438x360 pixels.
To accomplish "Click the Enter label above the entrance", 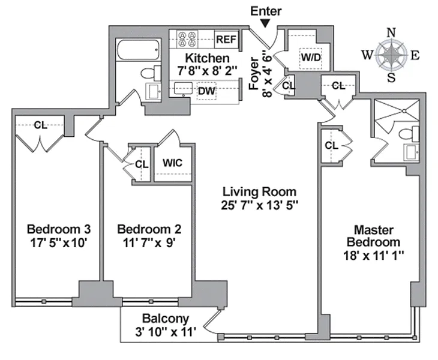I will (266, 11).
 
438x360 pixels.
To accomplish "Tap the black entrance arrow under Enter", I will (265, 23).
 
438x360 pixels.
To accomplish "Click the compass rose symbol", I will (391, 55).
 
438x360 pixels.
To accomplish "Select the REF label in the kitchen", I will (227, 40).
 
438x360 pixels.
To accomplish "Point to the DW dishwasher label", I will (206, 90).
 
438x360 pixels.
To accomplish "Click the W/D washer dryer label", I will (310, 58).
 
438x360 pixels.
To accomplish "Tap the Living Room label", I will (259, 192).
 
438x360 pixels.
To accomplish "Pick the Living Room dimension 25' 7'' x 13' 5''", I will (259, 205).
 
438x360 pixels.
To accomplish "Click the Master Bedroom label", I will (373, 236).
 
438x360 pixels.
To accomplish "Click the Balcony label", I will (166, 319).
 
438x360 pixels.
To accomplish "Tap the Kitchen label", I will (207, 58).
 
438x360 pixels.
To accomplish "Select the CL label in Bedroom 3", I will (40, 125).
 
